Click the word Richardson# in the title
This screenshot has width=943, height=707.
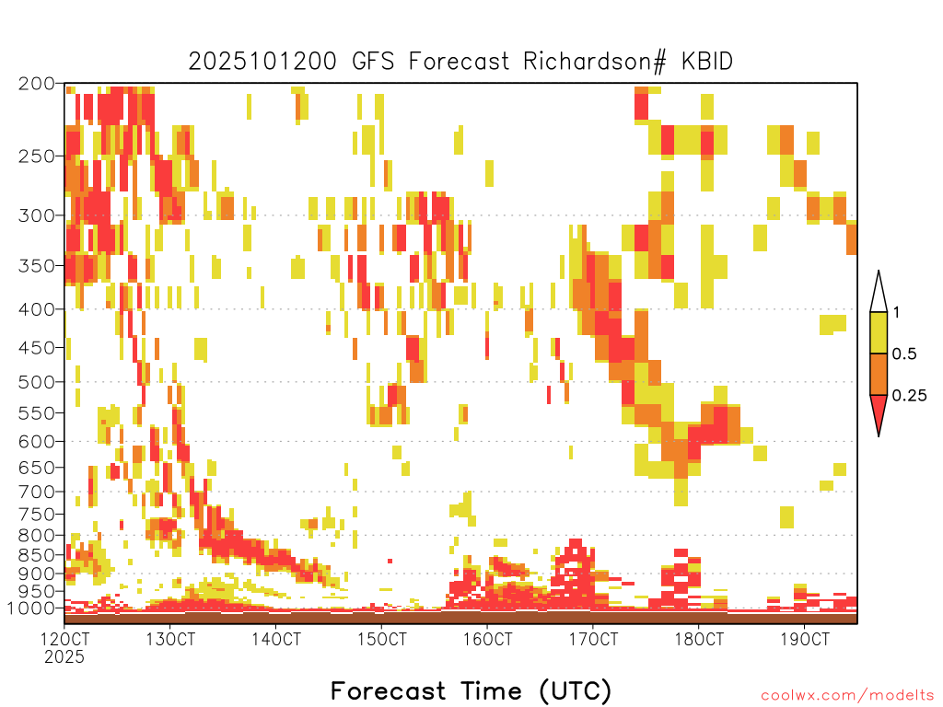pos(595,62)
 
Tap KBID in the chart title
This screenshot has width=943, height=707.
pos(707,62)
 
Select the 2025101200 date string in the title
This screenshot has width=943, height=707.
pos(262,62)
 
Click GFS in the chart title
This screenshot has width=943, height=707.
pos(373,62)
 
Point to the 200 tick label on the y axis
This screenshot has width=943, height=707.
pos(36,84)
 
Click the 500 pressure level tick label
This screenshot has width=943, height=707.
pos(36,382)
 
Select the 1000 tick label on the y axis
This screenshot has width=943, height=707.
pos(31,608)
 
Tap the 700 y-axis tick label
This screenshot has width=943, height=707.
pos(36,492)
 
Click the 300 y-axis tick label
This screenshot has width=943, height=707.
pos(36,215)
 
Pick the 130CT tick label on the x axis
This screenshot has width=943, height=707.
pos(170,639)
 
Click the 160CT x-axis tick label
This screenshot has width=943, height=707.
pos(488,639)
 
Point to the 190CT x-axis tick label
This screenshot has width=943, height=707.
pos(805,639)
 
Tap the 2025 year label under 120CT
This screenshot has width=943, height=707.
pos(64,657)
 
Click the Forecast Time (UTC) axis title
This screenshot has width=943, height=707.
pos(471,690)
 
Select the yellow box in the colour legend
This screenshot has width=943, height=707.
pos(879,332)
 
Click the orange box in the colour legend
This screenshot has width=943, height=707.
pos(879,374)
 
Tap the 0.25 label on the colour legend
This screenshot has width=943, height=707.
pos(909,396)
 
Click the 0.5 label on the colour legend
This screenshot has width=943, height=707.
pos(904,354)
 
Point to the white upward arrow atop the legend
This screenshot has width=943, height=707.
pos(879,292)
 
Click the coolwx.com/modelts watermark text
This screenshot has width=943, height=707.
pos(847,696)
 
